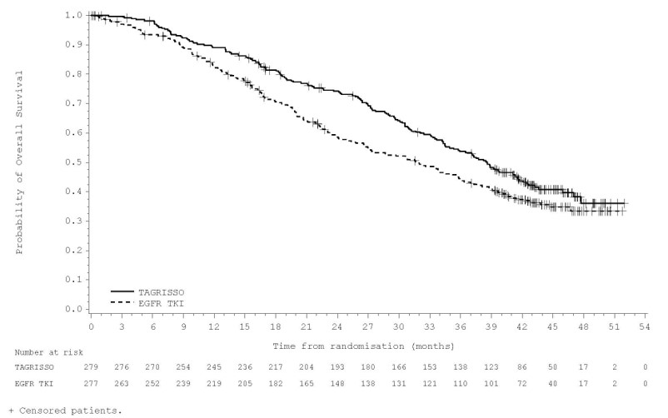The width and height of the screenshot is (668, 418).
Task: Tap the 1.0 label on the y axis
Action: [x=74, y=15]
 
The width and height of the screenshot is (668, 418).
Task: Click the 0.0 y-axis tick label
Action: [x=74, y=309]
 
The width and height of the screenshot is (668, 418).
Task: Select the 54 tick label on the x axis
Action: [x=645, y=327]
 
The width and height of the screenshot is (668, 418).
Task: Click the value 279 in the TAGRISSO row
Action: [x=92, y=366]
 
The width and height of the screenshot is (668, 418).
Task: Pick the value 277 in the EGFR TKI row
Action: [x=92, y=383]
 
